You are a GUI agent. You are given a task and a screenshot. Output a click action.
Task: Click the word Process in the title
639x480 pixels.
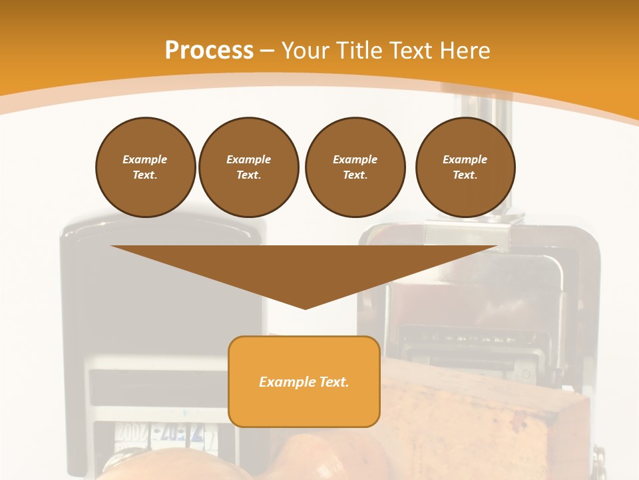209,50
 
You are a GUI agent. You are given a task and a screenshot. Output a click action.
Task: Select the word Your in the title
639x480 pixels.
306,50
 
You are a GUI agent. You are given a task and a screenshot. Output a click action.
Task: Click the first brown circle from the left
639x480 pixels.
145,167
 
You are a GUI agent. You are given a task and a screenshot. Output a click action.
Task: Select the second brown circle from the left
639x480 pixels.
248,167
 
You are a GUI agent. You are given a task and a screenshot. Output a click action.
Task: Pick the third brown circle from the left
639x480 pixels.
355,167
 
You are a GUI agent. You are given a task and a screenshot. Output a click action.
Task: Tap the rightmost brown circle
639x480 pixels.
465,167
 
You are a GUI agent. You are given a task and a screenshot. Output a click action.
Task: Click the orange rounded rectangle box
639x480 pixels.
304,400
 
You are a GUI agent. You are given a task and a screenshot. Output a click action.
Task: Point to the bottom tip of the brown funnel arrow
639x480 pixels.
305,307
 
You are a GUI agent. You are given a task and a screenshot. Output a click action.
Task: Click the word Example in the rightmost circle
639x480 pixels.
465,159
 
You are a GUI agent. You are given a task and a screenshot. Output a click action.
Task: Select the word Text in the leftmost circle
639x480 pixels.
144,175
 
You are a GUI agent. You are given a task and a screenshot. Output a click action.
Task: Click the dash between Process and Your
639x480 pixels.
267,51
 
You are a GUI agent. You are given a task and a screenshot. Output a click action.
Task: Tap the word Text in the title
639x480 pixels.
408,50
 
